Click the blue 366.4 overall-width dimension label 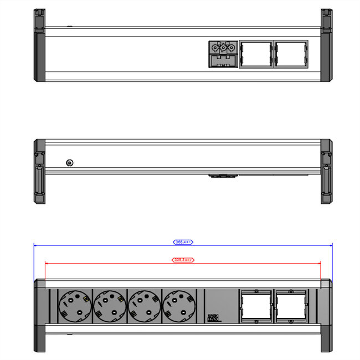(183, 242)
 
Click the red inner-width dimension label (183, 259)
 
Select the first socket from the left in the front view (75, 306)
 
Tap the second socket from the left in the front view (109, 306)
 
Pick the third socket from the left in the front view (143, 306)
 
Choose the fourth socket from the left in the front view (177, 306)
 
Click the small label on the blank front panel (213, 318)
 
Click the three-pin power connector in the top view (223, 54)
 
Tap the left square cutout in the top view (255, 55)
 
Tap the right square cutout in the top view (290, 55)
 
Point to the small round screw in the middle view (70, 163)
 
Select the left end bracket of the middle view (39, 172)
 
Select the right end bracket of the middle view (326, 172)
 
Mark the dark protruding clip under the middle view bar (223, 177)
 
